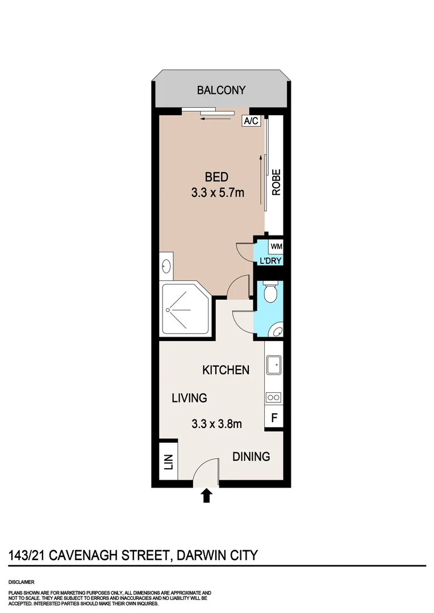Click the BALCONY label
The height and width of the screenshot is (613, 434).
coord(221,90)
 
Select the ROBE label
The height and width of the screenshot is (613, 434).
coord(276,183)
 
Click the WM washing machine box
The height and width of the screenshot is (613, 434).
coord(276,246)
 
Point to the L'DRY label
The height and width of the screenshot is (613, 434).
coord(271,261)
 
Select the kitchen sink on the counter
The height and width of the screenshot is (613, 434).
coord(274,364)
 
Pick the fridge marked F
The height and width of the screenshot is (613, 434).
coord(274,419)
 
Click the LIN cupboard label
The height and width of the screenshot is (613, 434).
coord(169,464)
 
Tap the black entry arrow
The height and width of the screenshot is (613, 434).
coord(207,496)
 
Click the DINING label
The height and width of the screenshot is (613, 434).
coord(251,456)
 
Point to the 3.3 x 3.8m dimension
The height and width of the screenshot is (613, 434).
coord(217,423)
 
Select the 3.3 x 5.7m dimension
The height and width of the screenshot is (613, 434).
coord(218,193)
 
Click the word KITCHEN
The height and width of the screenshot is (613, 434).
coord(226,370)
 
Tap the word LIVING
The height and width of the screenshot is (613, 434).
coord(189,398)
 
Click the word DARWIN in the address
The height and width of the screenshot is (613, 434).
coord(204,555)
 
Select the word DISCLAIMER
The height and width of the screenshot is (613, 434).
coord(22,582)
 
